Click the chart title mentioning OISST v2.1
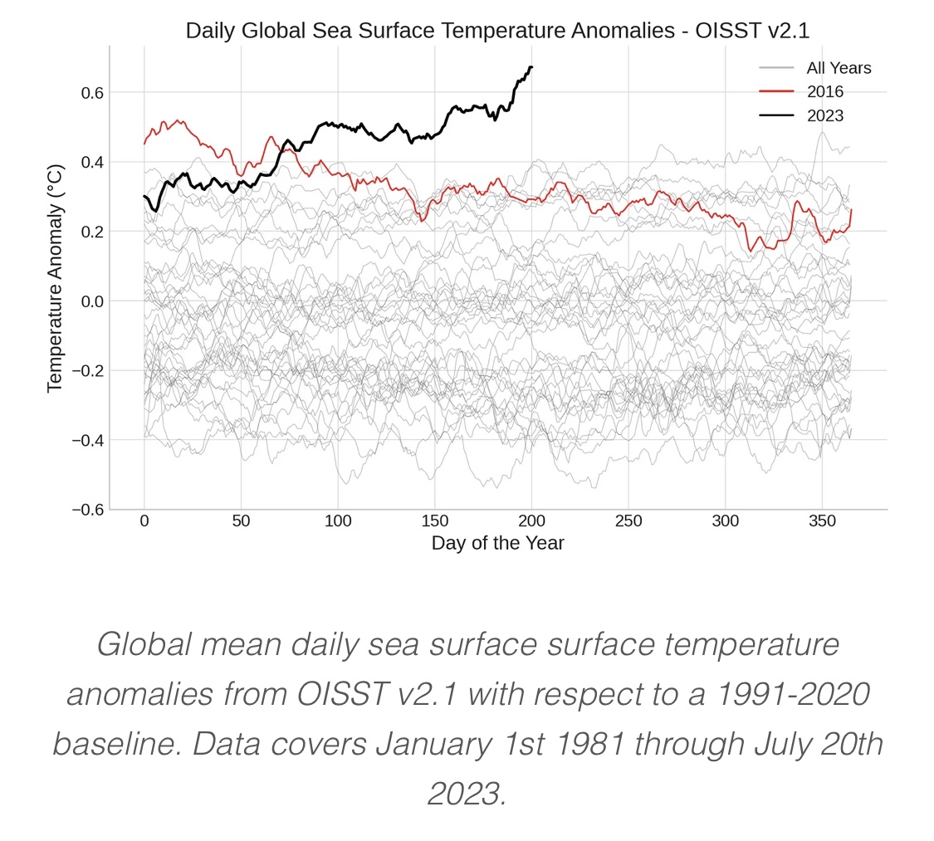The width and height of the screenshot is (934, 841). click(x=497, y=31)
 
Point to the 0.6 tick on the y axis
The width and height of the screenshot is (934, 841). click(x=91, y=92)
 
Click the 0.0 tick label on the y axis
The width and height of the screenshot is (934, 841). click(x=91, y=301)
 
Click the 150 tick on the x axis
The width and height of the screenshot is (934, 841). click(x=434, y=521)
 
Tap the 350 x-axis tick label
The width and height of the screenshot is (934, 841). click(x=822, y=521)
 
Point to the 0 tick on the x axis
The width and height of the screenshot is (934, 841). click(x=144, y=521)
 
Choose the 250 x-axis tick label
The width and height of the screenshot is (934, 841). click(x=628, y=521)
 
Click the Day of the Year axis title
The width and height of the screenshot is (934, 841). click(x=497, y=544)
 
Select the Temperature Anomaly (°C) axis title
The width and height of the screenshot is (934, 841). click(x=55, y=278)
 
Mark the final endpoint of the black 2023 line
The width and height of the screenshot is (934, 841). click(x=531, y=66)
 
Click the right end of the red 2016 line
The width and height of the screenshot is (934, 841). click(x=851, y=210)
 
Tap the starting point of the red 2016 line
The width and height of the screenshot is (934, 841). click(x=144, y=144)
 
